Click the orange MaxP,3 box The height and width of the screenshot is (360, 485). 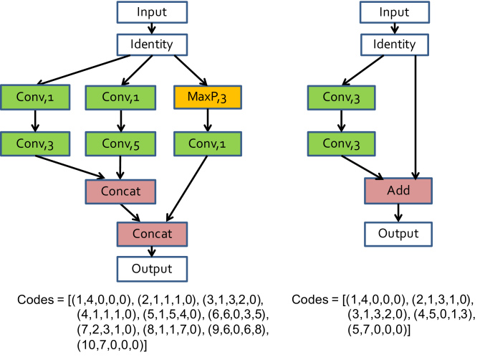click(206, 96)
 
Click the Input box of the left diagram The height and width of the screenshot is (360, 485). click(152, 11)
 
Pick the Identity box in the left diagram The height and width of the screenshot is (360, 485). click(152, 44)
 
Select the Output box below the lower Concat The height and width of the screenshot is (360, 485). click(152, 269)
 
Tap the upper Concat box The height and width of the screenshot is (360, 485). click(120, 192)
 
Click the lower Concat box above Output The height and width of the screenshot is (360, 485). click(152, 234)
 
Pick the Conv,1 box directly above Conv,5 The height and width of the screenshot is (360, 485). click(120, 96)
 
